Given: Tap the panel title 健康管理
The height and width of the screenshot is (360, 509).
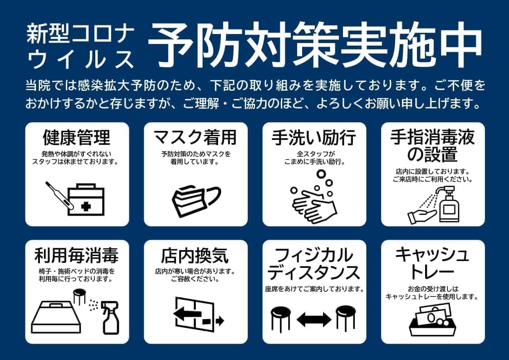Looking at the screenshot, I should click(77, 137).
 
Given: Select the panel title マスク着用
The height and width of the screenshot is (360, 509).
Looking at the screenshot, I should click(195, 137).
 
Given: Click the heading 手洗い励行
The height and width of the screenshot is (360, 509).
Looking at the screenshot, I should click(314, 137).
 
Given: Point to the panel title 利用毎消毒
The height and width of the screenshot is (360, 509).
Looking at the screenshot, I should click(77, 256).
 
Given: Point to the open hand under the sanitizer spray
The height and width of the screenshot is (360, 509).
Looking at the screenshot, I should click(422, 215).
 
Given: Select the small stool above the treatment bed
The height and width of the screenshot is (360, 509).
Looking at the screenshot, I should click(79, 296).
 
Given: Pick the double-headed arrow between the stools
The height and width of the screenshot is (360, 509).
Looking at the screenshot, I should click(314, 319).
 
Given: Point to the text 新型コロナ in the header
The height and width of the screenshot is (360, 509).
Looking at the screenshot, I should click(80, 35).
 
